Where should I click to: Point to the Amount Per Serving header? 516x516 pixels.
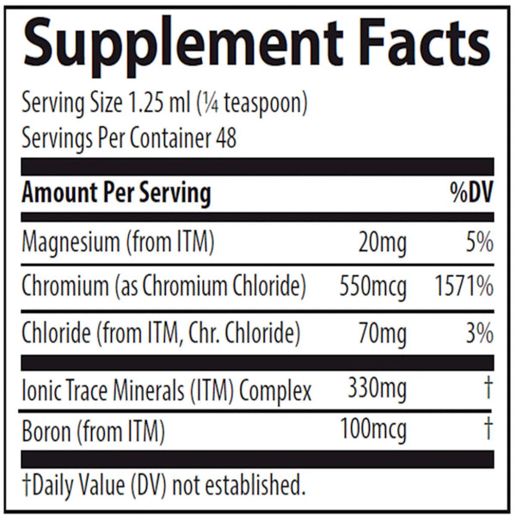click(x=116, y=193)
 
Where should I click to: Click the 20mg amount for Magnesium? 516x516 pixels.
click(x=379, y=243)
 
